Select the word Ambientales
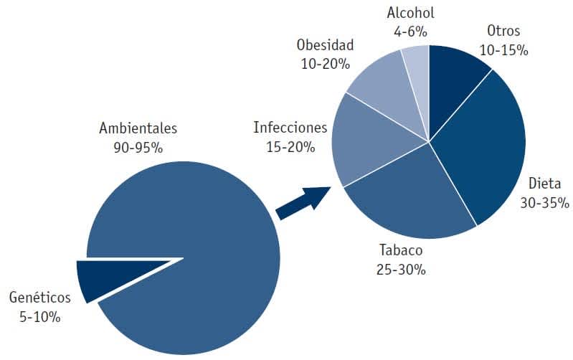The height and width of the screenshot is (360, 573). tap(138, 129)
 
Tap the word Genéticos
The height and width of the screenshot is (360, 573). tap(39, 296)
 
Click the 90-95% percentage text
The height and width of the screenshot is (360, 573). tap(138, 149)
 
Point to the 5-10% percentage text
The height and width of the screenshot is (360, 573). tap(39, 316)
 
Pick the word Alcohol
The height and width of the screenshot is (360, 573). tap(410, 12)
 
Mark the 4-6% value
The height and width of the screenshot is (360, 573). tap(410, 32)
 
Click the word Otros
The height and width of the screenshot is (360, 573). tap(503, 31)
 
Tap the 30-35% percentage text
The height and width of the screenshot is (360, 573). tap(544, 202)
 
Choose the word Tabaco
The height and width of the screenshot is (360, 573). tap(401, 250)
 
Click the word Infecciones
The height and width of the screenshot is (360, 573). tap(290, 128)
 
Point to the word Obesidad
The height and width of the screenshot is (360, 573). tap(325, 44)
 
